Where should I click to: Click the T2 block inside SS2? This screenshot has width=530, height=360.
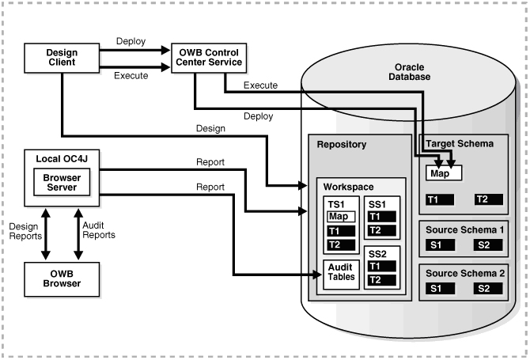(382, 280)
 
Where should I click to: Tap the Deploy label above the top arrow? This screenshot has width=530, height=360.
(131, 40)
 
